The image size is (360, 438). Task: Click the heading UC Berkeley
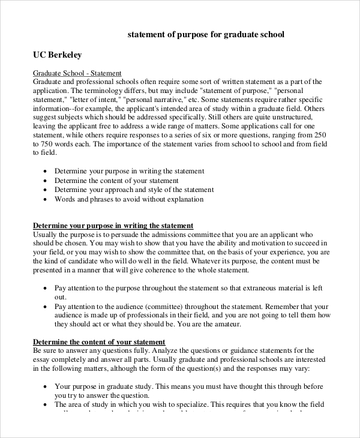(57, 55)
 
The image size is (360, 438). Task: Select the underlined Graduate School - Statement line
(77, 73)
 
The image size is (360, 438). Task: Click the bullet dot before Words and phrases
(46, 199)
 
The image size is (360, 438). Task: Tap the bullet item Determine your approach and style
(134, 190)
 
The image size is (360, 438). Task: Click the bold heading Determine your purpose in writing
(113, 226)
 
